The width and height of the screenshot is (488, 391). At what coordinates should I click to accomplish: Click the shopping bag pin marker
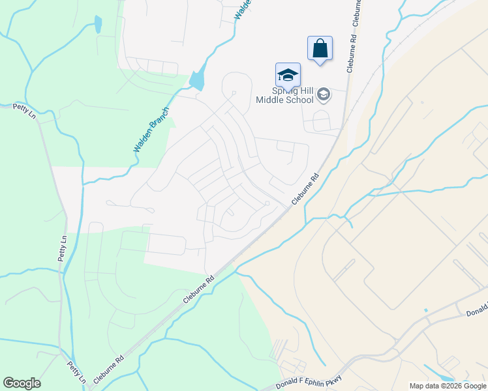[x=320, y=49]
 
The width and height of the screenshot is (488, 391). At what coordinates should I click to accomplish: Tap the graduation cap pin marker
[x=288, y=76]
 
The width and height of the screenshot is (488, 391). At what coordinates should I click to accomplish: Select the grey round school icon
[x=323, y=96]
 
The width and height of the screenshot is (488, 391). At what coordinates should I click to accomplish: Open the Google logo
[x=22, y=383]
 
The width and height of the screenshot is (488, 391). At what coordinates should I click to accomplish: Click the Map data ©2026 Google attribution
[x=448, y=386]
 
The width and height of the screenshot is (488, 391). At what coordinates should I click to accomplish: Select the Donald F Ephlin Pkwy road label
[x=313, y=381]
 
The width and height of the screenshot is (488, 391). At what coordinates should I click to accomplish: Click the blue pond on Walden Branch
[x=196, y=80]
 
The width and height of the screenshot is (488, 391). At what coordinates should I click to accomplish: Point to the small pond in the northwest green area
[x=98, y=25]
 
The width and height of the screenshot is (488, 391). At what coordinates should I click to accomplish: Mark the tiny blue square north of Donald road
[x=425, y=310]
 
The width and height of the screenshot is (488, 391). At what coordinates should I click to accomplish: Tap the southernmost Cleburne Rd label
[x=108, y=369]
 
